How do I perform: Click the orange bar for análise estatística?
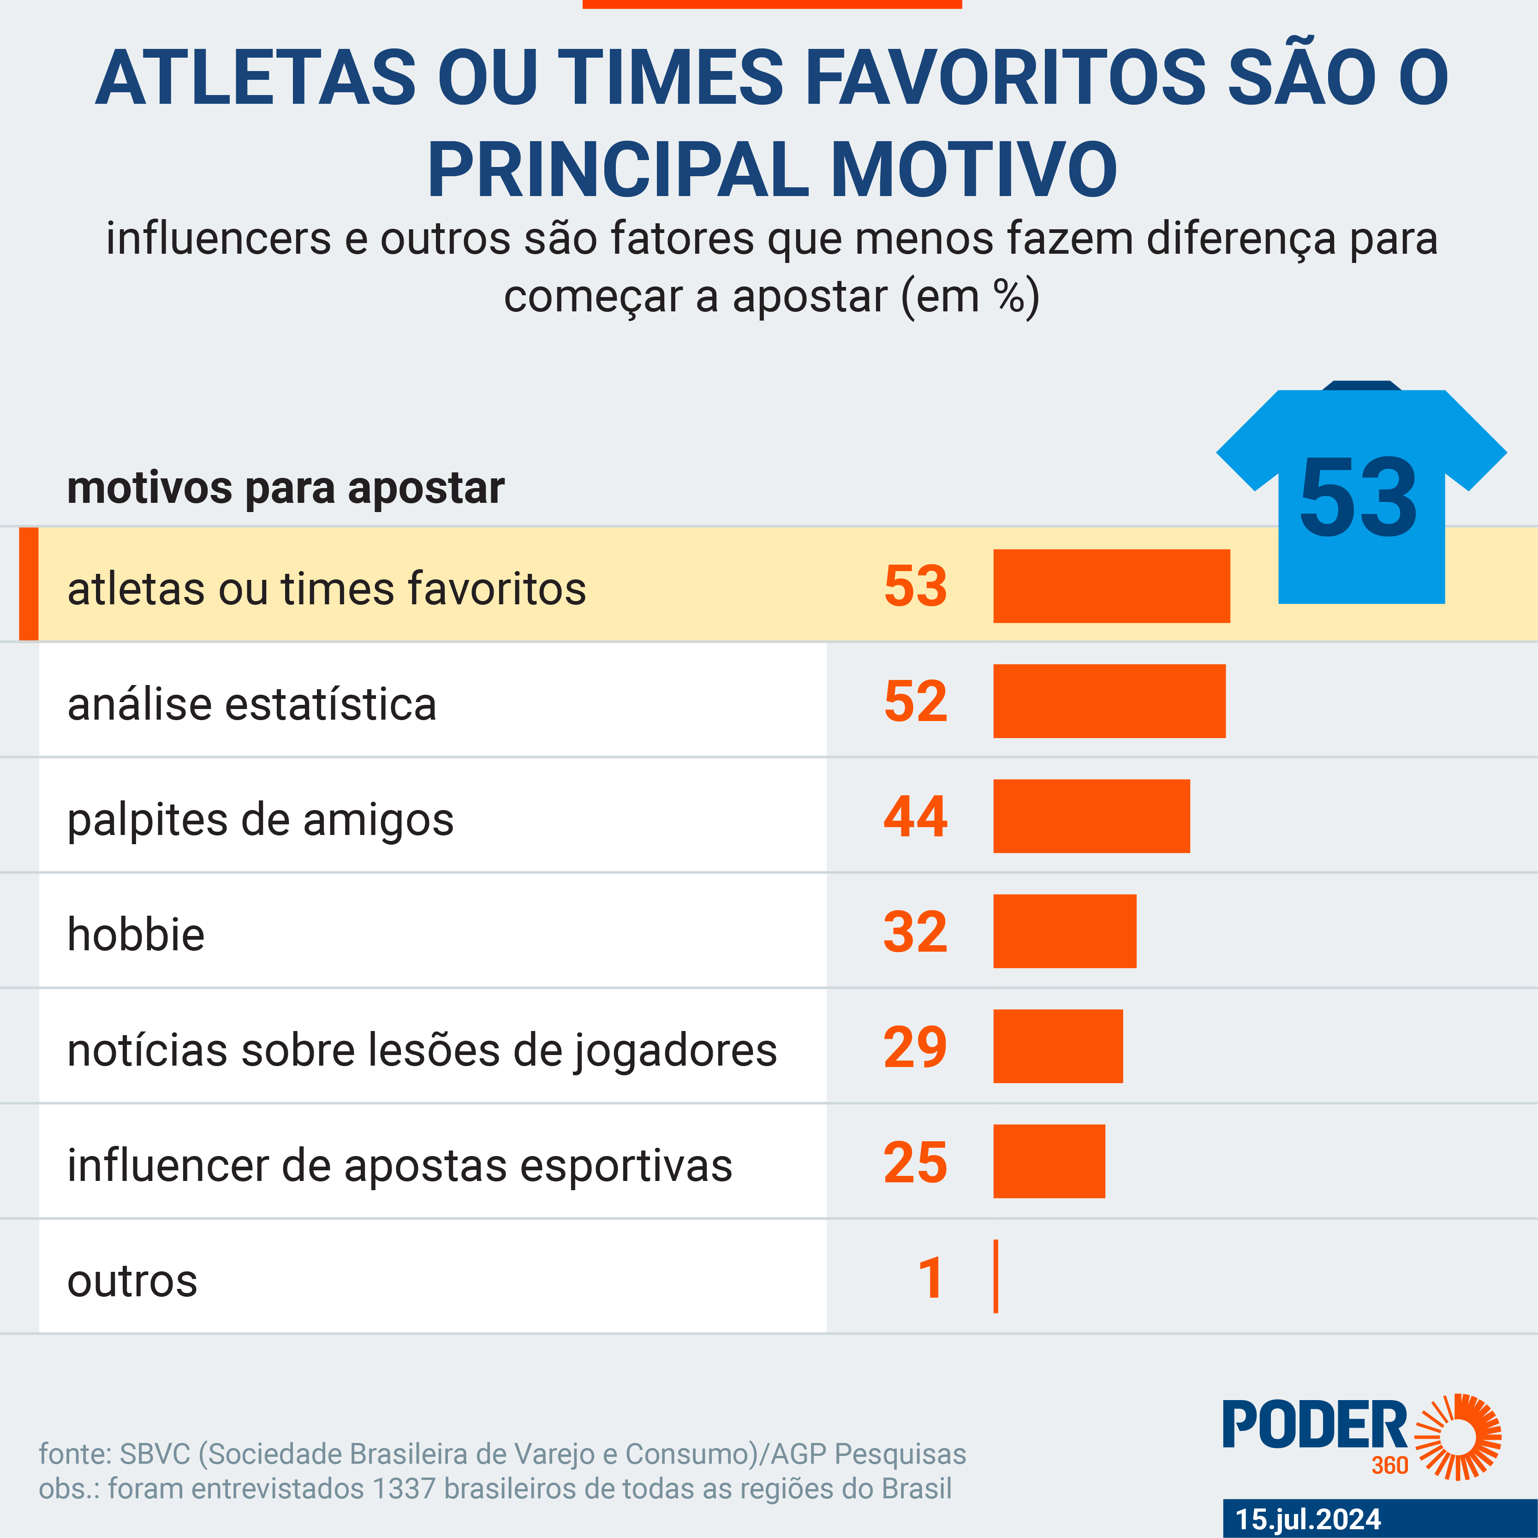[x=1109, y=701]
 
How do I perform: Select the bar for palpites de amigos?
[x=1091, y=816]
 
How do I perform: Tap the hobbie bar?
[x=1064, y=931]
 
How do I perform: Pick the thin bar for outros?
[x=996, y=1276]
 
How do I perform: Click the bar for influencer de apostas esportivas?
[x=1049, y=1162]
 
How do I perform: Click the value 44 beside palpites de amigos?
[x=916, y=817]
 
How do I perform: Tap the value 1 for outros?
[x=930, y=1278]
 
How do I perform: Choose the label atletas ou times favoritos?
[x=327, y=589]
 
